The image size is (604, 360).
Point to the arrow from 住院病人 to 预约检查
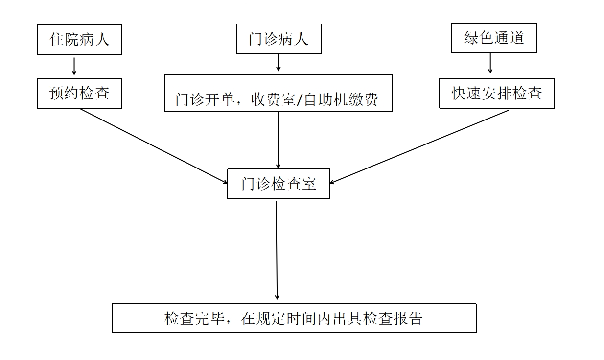pyautogui.click(x=74, y=66)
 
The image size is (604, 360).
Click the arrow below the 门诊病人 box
pyautogui.click(x=279, y=63)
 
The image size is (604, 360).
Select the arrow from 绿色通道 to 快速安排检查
pyautogui.click(x=490, y=63)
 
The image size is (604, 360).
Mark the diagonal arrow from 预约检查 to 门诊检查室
pyautogui.click(x=153, y=146)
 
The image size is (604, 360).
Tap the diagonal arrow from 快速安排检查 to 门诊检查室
pyautogui.click(x=419, y=146)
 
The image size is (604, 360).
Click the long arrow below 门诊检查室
pyautogui.click(x=277, y=250)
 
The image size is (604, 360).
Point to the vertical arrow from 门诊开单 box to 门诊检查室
pyautogui.click(x=279, y=141)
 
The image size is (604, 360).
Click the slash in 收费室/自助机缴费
pyautogui.click(x=299, y=100)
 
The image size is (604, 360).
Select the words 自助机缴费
pyautogui.click(x=341, y=99)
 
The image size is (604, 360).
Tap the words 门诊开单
pyautogui.click(x=205, y=99)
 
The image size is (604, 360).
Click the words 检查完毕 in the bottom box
pyautogui.click(x=194, y=318)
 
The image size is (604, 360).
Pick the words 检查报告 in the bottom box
pyautogui.click(x=393, y=318)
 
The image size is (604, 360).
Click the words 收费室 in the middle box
pyautogui.click(x=273, y=99)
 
